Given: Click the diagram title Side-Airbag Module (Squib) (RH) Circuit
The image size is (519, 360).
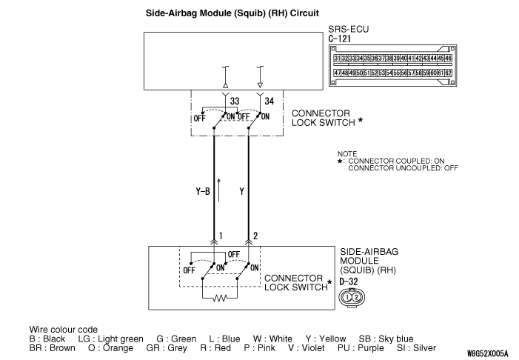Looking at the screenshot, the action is (232, 13).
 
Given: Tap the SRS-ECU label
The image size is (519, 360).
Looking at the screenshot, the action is (348, 29).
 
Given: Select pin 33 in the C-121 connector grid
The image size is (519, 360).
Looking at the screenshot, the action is (352, 59).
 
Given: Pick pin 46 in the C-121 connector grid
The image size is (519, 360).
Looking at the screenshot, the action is (448, 59).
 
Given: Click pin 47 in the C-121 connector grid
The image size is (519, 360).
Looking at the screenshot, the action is (338, 73).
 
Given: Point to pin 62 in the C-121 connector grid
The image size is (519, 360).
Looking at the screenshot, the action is (448, 73).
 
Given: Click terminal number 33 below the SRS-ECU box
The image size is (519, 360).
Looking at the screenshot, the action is (235, 101).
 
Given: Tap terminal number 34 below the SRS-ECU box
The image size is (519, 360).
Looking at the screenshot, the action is (269, 101).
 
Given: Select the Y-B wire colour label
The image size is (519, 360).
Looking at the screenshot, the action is (203, 191).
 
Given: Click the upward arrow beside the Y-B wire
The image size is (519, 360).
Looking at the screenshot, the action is (218, 190).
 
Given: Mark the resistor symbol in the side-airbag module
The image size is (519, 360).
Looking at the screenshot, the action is (220, 299).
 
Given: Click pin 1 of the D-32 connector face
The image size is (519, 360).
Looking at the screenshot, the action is (347, 297).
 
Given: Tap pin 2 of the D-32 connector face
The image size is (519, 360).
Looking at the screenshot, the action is (356, 297).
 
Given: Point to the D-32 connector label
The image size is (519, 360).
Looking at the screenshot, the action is (349, 281).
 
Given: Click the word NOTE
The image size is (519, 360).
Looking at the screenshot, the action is (347, 153).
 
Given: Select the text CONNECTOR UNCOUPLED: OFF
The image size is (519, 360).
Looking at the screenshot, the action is (403, 168).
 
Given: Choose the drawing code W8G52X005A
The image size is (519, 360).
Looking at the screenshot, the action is (487, 353).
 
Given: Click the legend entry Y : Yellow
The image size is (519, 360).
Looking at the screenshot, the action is (325, 339).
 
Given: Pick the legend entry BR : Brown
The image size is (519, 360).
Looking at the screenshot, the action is (53, 348).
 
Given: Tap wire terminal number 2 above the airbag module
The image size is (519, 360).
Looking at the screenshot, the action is (255, 236).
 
